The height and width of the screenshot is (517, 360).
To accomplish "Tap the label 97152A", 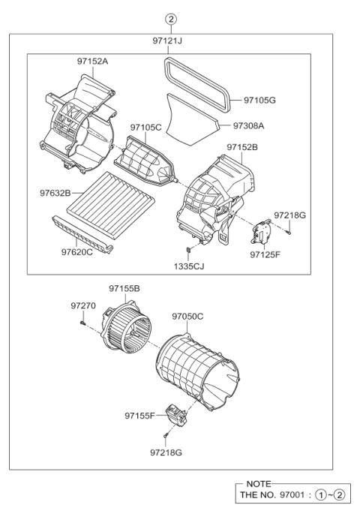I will click(92, 61).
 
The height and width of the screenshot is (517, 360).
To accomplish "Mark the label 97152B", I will click(241, 148).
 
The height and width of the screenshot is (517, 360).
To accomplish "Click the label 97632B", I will click(56, 194).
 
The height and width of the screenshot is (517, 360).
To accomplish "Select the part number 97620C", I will click(77, 251).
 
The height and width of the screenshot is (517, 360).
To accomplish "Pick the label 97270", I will click(83, 305).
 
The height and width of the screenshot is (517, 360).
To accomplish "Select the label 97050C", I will click(187, 317).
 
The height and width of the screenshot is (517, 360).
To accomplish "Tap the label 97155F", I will click(140, 415).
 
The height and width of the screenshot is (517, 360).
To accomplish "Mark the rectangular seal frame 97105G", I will click(195, 79).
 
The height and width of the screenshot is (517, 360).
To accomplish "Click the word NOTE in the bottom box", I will click(258, 485).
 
